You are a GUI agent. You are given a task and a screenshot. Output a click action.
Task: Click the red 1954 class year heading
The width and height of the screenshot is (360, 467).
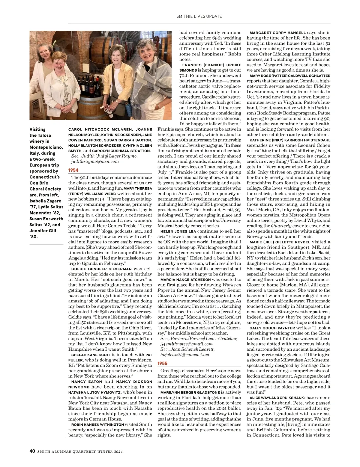tap(73, 170)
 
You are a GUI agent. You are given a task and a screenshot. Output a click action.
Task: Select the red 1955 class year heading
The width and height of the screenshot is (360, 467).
tap(163, 363)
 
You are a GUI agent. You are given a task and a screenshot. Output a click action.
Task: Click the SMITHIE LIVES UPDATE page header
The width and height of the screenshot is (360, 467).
tap(199, 16)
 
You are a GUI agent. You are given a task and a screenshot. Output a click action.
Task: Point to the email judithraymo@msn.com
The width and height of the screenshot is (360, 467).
tap(95, 161)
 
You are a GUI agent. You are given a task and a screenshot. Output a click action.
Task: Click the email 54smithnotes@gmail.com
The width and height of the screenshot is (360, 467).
tap(186, 344)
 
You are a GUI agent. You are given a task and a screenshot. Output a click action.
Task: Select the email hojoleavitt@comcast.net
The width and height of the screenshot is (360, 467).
tap(185, 355)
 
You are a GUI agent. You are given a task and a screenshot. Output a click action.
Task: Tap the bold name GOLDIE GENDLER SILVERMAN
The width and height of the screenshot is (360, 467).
tap(101, 269)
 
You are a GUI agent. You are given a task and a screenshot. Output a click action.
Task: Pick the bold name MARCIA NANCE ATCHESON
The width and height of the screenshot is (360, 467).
tap(185, 280)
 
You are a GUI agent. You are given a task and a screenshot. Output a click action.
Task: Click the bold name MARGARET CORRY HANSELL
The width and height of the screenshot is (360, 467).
tap(277, 33)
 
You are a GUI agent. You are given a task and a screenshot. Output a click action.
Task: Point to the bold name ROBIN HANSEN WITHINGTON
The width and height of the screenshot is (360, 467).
tap(97, 425)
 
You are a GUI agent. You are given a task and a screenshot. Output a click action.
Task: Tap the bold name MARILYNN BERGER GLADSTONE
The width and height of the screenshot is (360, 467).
tap(190, 392)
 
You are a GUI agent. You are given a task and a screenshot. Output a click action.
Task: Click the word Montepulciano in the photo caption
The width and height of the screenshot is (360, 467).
tap(46, 147)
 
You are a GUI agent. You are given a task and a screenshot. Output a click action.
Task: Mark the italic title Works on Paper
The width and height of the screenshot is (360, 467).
tap(199, 287)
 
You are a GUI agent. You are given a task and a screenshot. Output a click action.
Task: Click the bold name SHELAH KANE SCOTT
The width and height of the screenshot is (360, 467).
tap(89, 355)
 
